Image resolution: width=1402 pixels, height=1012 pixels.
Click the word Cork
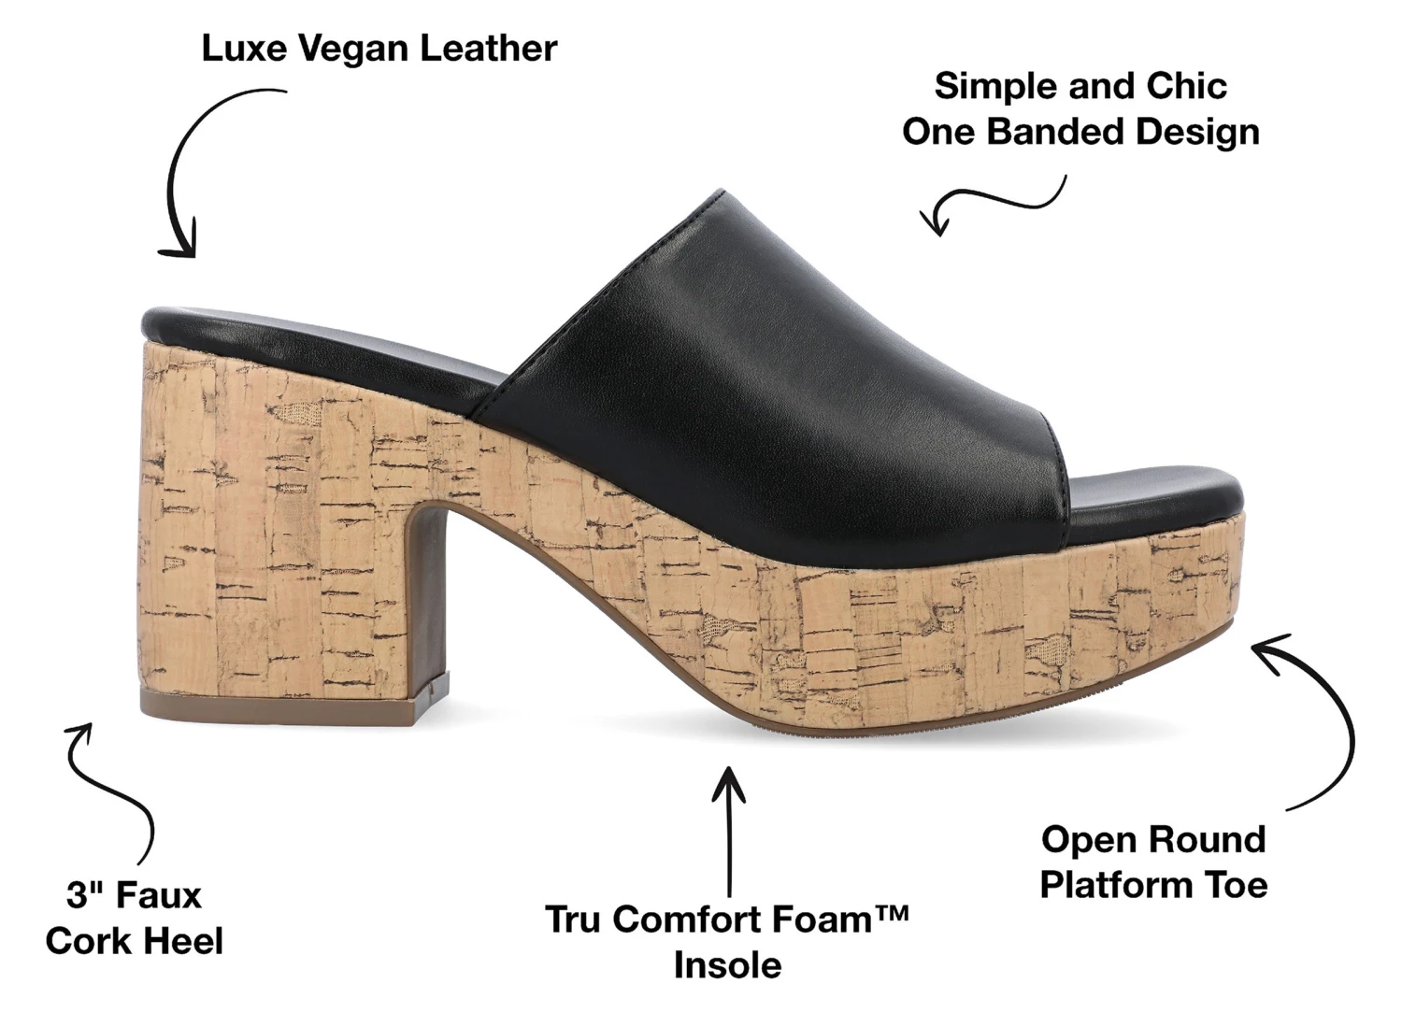point(88,941)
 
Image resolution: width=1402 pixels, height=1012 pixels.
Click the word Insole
point(727,965)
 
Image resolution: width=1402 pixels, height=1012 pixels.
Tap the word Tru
point(577,919)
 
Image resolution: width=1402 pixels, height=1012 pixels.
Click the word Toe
point(1236,885)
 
